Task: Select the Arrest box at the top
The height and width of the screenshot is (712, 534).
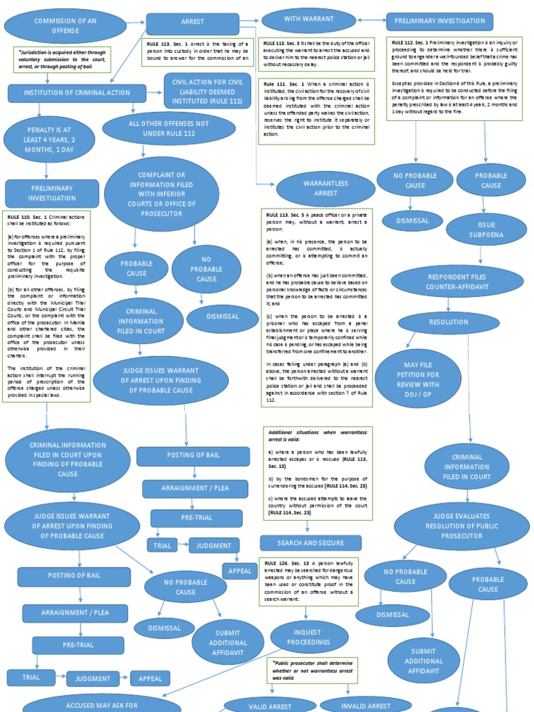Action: click(193, 23)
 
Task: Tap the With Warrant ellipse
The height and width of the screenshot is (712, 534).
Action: click(302, 21)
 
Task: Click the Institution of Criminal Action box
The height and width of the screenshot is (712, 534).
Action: click(77, 92)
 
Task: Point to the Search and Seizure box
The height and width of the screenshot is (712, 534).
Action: click(311, 543)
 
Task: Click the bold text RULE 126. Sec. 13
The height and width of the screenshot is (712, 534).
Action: click(286, 562)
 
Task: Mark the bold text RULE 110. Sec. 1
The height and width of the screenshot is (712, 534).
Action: click(29, 217)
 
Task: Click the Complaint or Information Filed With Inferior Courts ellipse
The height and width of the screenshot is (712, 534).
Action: click(161, 193)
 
